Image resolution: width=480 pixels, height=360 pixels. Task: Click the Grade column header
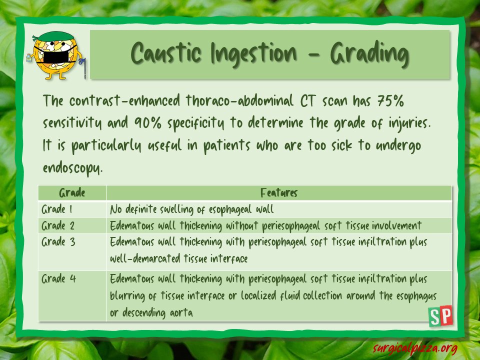pos(72,193)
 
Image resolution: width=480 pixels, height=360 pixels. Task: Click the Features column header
pos(279,193)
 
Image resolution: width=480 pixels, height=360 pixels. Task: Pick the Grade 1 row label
pos(57,209)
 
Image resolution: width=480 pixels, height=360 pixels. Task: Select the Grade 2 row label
pos(58,225)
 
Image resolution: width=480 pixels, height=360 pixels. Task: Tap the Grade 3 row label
pos(58,242)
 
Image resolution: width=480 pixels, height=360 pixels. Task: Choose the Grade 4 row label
pos(58,278)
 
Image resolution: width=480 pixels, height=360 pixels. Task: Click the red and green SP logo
pos(440,316)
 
